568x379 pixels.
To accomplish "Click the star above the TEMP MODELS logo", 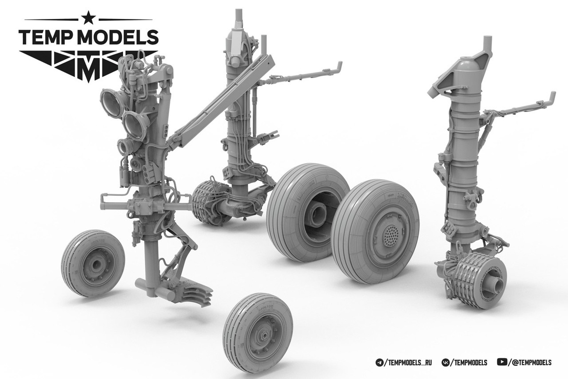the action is pos(89,18).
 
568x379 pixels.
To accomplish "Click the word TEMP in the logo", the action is pos(45,37).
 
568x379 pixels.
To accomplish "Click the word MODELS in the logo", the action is pos(118,37).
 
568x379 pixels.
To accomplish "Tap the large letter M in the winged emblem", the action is pos(89,71).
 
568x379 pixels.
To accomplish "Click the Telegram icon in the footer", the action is pos(379,362).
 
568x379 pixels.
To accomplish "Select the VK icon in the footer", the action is pos(445,362).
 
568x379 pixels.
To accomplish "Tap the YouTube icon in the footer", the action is pos(502,362).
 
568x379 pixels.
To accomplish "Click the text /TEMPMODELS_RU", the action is pos(408,362).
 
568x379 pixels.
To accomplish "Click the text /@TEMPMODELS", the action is pos(530,362).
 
